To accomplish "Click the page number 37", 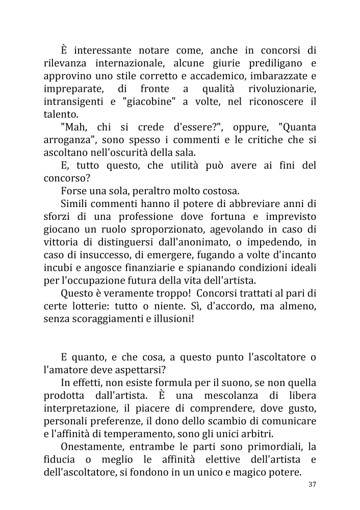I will point(313,484).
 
